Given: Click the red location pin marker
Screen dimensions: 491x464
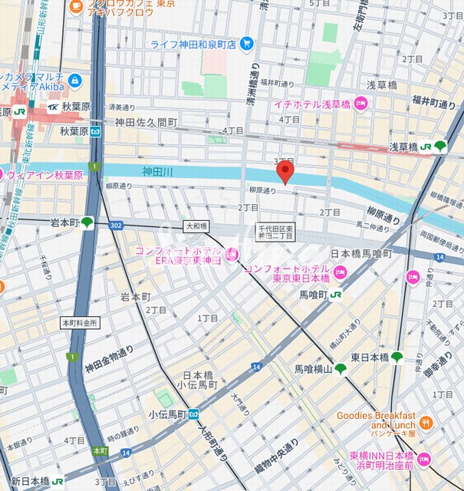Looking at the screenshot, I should point(285,172).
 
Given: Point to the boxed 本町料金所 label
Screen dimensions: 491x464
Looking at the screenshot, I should point(80,323).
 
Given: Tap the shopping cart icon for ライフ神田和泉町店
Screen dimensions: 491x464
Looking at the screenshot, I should point(245,43).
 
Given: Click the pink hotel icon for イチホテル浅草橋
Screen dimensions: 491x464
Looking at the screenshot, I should point(360,104).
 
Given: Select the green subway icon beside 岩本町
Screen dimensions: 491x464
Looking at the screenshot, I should point(88,222).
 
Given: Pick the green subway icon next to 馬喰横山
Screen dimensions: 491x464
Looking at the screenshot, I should point(341,369).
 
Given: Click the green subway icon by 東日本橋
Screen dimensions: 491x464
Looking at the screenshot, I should point(397,358).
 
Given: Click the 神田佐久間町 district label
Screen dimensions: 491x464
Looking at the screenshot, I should point(146,122).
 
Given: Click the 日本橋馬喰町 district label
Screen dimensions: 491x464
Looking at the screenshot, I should point(361,253).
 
